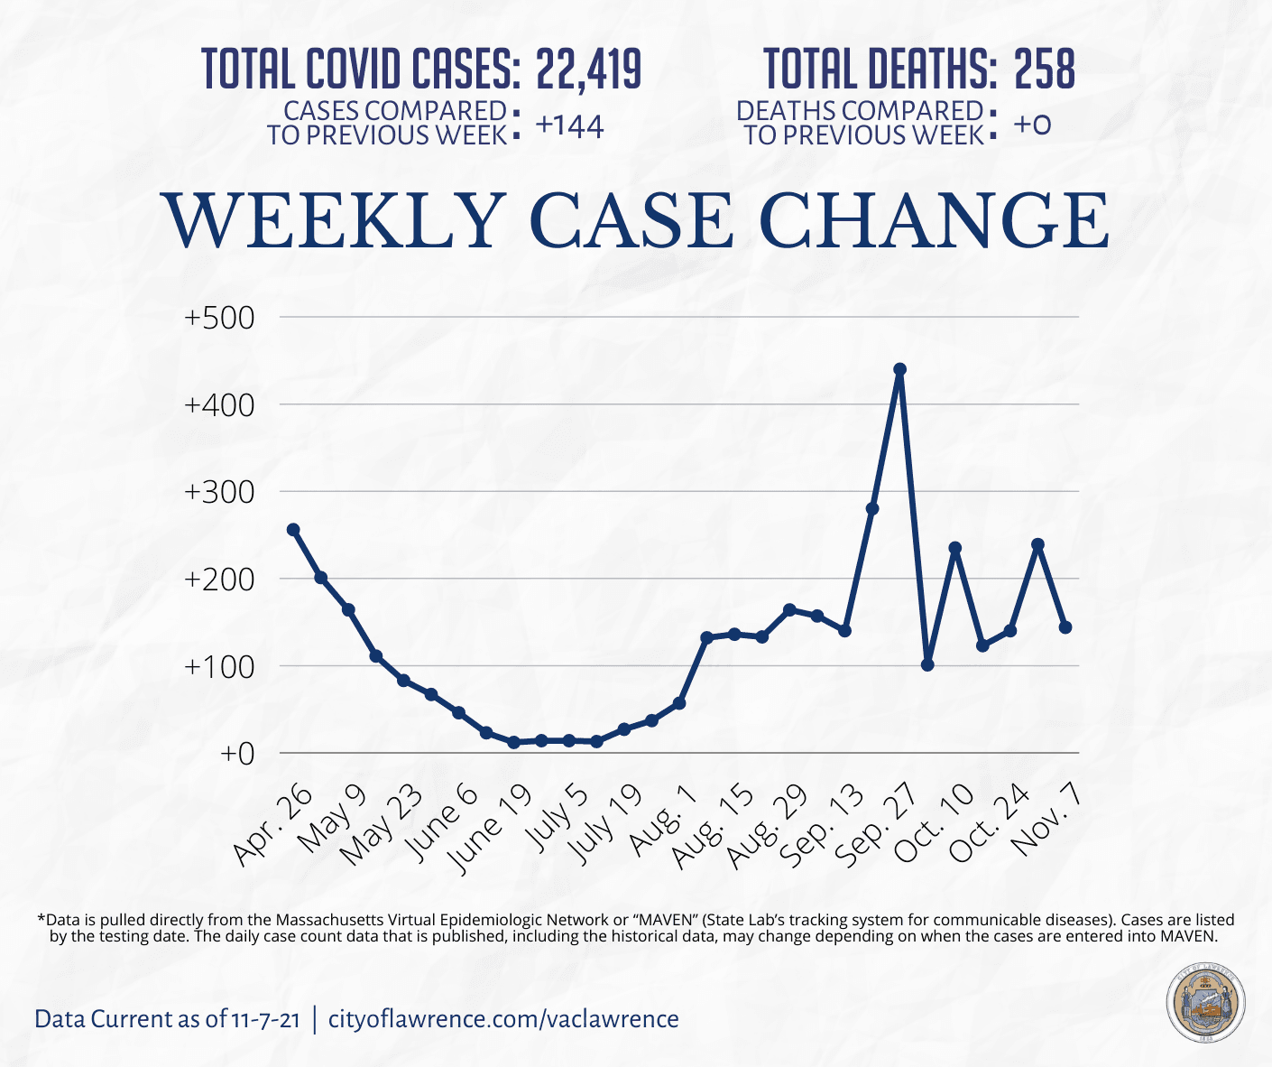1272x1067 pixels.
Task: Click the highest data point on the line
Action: point(899,369)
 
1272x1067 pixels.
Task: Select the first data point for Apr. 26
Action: point(293,530)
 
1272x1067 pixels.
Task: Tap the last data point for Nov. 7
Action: point(1065,627)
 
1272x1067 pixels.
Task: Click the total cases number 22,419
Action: point(588,69)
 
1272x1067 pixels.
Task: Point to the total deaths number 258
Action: point(1045,69)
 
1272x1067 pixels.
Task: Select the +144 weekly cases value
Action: point(569,126)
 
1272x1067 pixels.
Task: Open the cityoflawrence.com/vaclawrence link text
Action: point(503,1019)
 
